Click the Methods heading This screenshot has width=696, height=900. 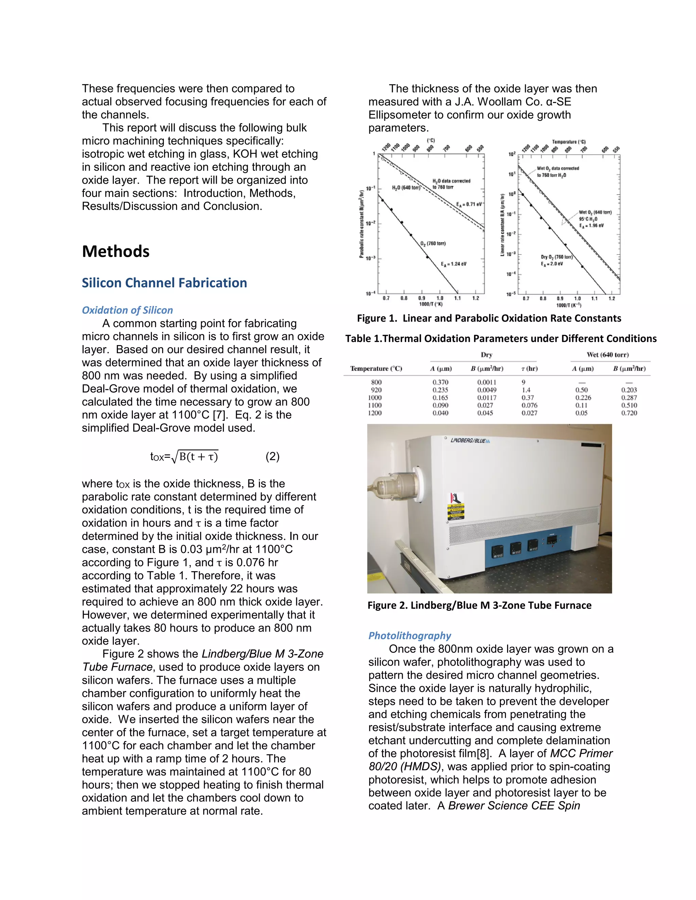pyautogui.click(x=116, y=251)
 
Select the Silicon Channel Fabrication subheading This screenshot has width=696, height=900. pyautogui.click(x=164, y=283)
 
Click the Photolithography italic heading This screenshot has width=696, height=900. pyautogui.click(x=410, y=635)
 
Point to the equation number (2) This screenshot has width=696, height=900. pyautogui.click(x=272, y=456)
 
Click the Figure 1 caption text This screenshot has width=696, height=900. pyautogui.click(x=489, y=318)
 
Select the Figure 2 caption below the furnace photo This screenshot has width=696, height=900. pyautogui.click(x=479, y=605)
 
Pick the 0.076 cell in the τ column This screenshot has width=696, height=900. pyautogui.click(x=529, y=406)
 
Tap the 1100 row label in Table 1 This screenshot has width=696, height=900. pyautogui.click(x=375, y=406)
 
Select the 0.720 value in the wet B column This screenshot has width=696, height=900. pyautogui.click(x=629, y=413)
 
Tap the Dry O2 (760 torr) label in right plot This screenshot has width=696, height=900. pyautogui.click(x=556, y=257)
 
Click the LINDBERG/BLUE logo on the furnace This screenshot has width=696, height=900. pyautogui.click(x=470, y=440)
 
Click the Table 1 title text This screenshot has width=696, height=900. pyautogui.click(x=501, y=339)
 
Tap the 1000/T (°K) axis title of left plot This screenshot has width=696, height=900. pyautogui.click(x=431, y=304)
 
